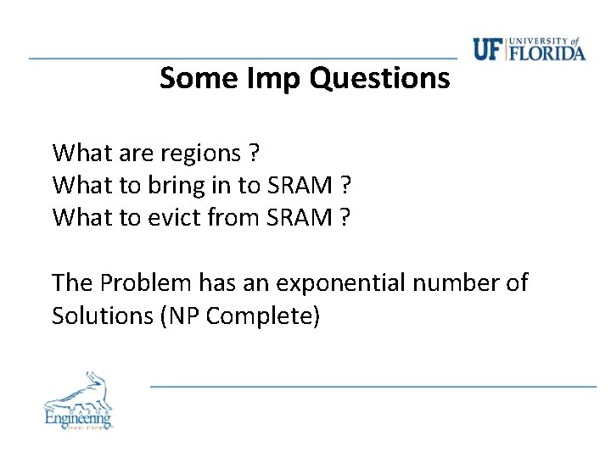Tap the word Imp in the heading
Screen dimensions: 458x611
(274, 79)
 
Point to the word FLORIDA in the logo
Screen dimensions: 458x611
(548, 53)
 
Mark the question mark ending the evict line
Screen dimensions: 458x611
(345, 218)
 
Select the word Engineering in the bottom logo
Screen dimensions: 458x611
(78, 417)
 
